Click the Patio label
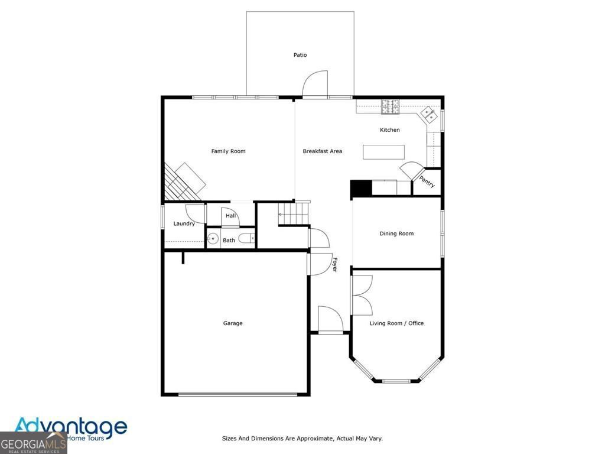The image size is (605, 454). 300,55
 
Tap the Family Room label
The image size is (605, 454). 228,151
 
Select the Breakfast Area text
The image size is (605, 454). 322,151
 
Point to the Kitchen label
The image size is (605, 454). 389,130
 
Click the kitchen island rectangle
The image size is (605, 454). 383,152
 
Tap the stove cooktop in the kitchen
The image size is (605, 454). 390,107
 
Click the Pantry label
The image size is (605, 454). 427,181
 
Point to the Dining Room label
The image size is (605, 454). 396,234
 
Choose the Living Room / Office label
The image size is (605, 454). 396,323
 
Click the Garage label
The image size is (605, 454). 233,323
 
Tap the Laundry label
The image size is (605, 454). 184,224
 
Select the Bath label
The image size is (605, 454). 229,240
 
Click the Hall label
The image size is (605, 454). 230,216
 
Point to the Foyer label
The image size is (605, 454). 334,264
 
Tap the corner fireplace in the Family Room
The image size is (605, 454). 184,181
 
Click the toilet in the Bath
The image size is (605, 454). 247,239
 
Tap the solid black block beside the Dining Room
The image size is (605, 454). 360,188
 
